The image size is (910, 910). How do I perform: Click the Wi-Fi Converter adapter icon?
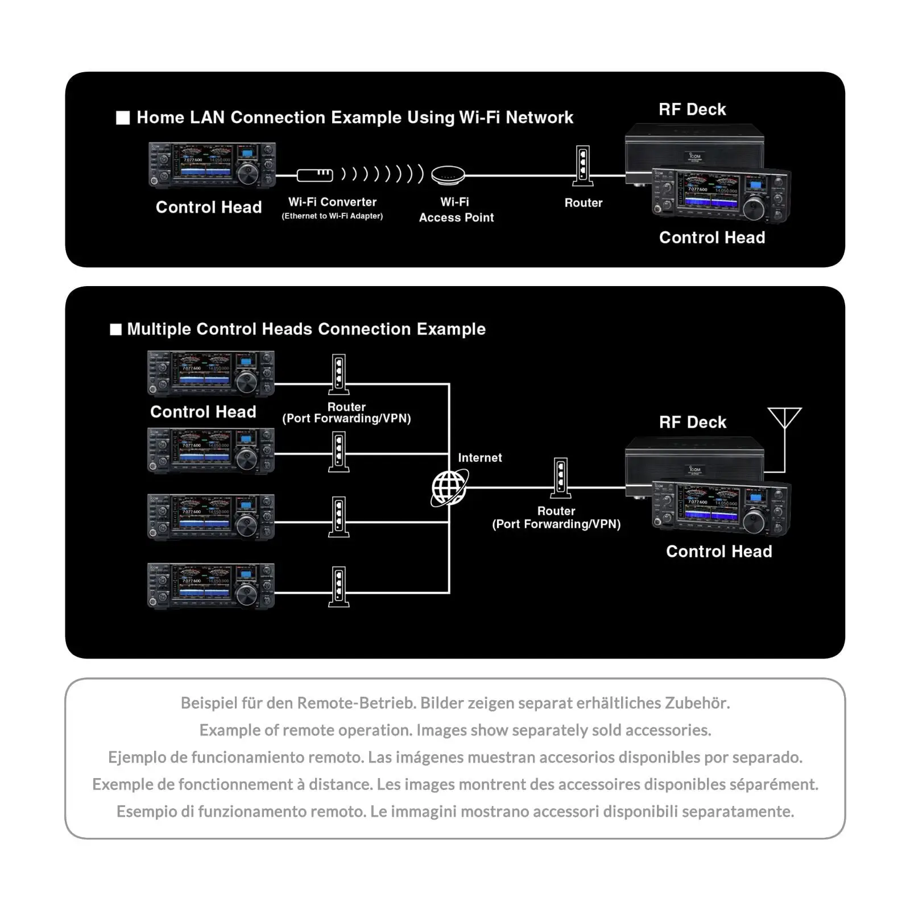[x=315, y=175]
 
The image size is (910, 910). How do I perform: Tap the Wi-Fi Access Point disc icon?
[x=448, y=175]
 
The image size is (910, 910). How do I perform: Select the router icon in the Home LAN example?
[x=582, y=166]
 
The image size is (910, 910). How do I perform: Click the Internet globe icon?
[x=449, y=487]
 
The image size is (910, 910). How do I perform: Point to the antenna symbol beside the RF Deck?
[x=784, y=420]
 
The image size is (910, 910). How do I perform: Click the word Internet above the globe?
[x=479, y=458]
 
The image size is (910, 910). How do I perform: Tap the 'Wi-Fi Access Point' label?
[x=456, y=210]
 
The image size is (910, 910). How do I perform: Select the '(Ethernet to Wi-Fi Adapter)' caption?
[x=332, y=216]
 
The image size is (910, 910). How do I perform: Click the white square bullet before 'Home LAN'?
[x=123, y=118]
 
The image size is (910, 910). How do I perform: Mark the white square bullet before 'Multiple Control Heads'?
[x=116, y=330]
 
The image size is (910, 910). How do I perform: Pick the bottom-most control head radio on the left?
[x=211, y=586]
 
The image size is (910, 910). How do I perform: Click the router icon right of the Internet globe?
[x=560, y=478]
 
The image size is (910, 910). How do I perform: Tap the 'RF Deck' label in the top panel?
[x=692, y=109]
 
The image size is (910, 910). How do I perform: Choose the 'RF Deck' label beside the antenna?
[x=693, y=422]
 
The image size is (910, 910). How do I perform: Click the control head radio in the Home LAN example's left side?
[x=212, y=165]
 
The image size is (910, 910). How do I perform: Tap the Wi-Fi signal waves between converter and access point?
[x=382, y=174]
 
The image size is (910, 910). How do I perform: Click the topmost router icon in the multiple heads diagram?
[x=339, y=374]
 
